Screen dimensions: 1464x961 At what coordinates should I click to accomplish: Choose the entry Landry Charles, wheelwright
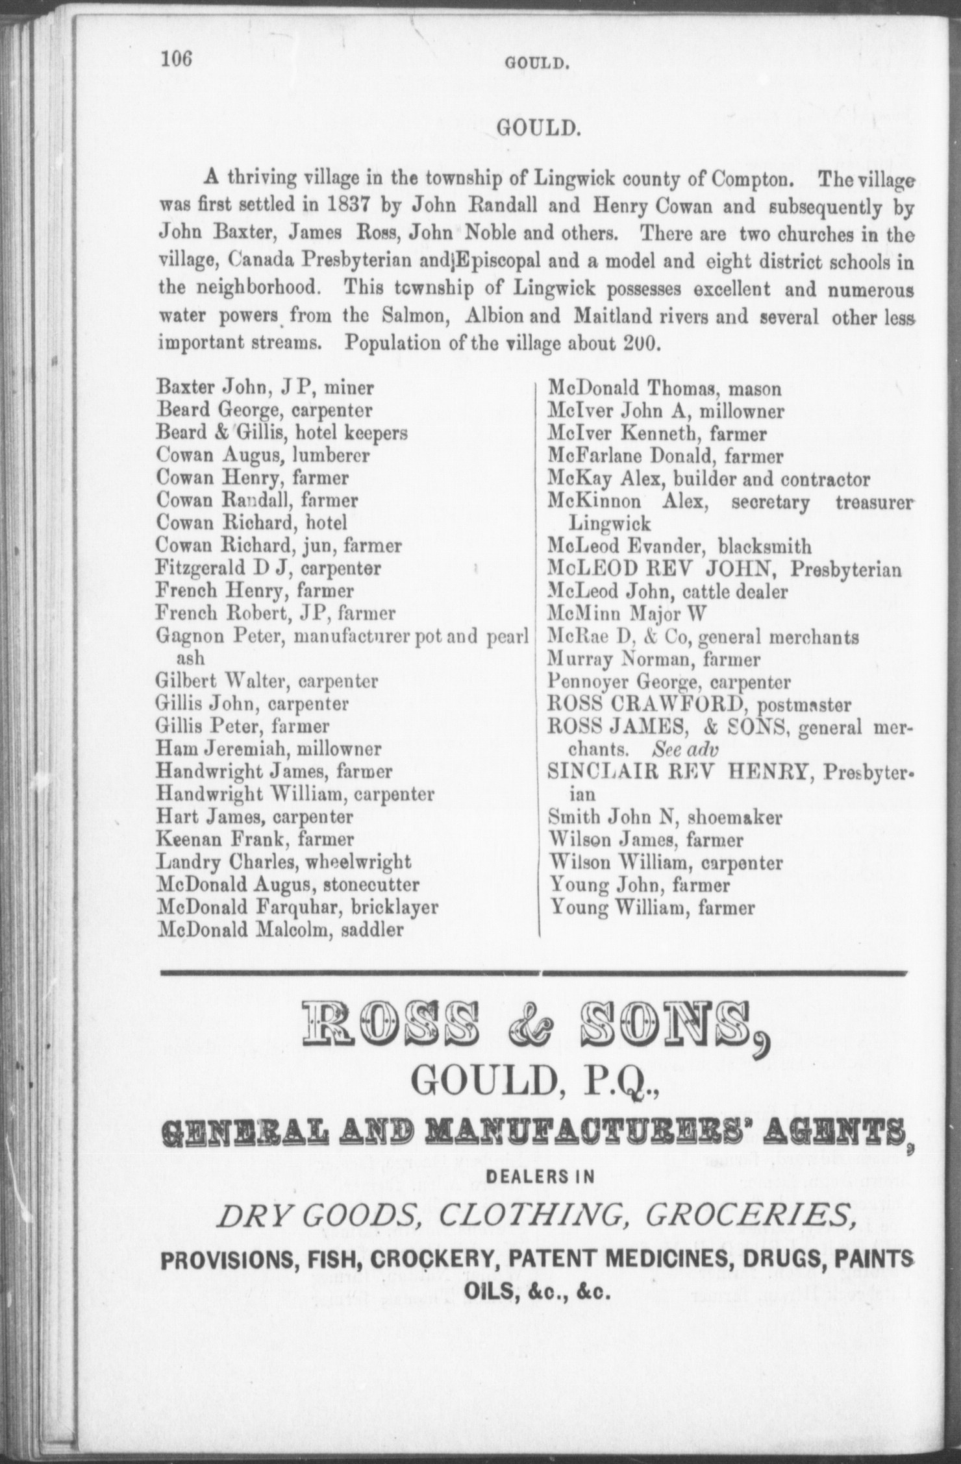284,862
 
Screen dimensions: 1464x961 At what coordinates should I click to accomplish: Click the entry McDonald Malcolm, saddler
280,929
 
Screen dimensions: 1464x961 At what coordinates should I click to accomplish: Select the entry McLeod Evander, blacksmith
679,546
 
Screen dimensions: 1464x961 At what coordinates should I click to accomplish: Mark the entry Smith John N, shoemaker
665,817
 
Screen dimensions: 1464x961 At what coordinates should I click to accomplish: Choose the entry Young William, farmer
652,907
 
